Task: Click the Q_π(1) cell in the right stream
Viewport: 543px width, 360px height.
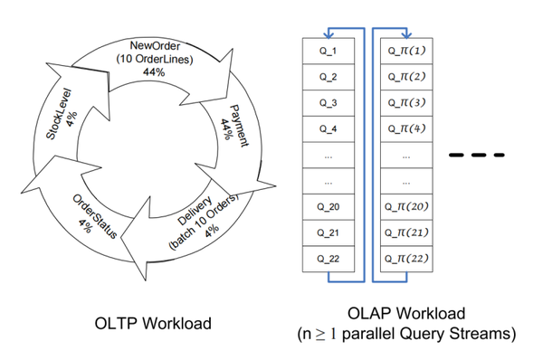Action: coord(406,53)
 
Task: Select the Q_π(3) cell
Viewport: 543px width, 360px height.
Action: coord(406,102)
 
